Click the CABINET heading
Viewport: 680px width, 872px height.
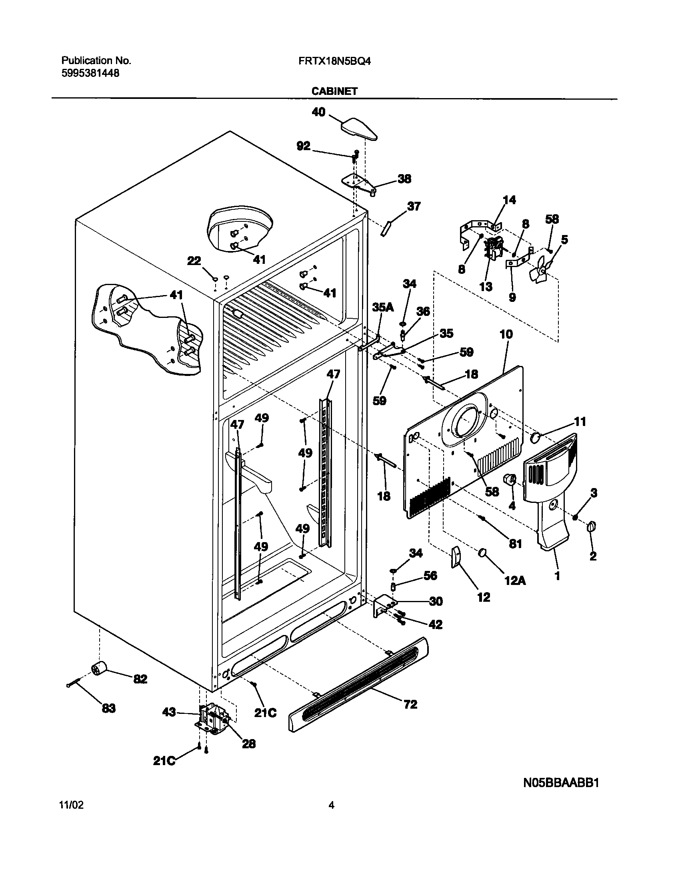click(x=334, y=91)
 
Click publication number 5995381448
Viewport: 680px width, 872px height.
click(x=90, y=73)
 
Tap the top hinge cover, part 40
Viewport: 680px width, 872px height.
click(x=359, y=129)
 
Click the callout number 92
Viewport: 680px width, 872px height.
click(x=304, y=146)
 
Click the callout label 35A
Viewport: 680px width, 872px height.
click(x=383, y=307)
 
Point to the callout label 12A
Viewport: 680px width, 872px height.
click(x=515, y=580)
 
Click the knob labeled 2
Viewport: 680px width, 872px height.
click(x=591, y=527)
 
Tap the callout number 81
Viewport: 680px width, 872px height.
click(x=515, y=543)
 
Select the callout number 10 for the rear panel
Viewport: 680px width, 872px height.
click(x=506, y=334)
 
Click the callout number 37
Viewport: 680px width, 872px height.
click(x=414, y=206)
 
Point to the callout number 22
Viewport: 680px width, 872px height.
click(x=194, y=261)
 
